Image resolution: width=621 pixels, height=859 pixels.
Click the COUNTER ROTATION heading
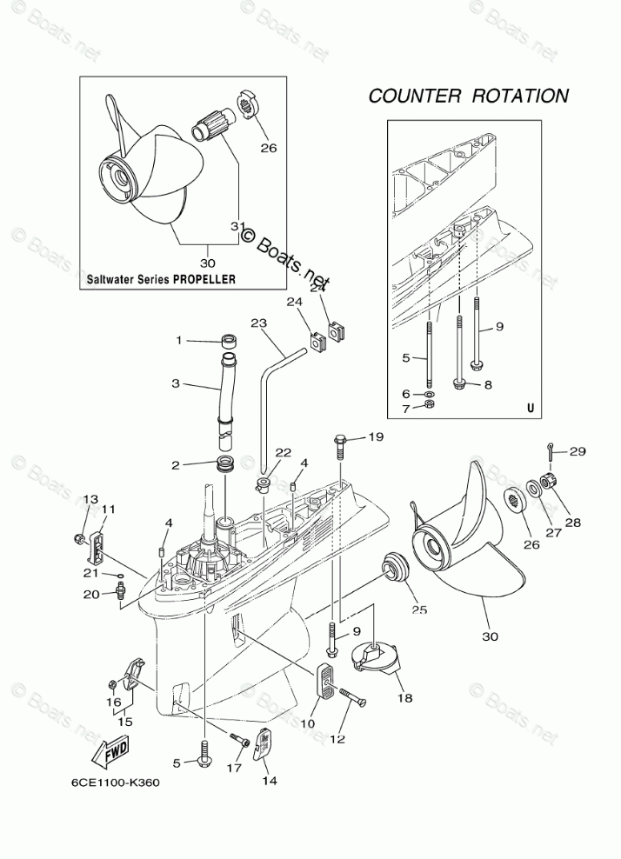[x=468, y=96]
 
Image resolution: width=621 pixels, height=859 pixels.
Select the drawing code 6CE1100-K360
[x=110, y=782]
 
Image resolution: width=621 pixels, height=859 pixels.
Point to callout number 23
[x=257, y=322]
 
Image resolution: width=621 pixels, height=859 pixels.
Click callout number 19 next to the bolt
[x=375, y=437]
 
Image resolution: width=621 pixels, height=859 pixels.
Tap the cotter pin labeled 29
[x=552, y=450]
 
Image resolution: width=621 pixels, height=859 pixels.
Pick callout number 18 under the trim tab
[x=404, y=697]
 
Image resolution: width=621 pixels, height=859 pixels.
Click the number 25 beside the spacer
[x=419, y=609]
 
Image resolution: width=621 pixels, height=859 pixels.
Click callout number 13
[x=90, y=499]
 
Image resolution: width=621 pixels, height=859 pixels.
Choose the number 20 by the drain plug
[x=91, y=594]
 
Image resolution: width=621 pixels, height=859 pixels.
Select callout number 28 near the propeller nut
[x=573, y=523]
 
